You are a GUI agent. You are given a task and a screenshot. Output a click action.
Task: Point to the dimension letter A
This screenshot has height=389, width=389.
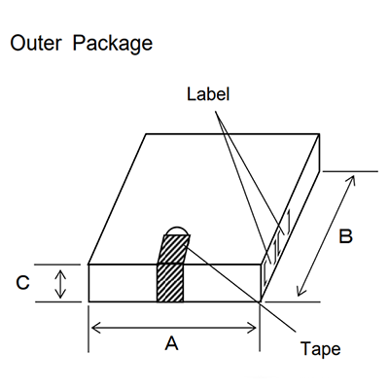pyautogui.click(x=171, y=342)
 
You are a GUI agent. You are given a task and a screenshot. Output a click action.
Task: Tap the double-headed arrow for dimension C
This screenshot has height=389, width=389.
pyautogui.click(x=60, y=283)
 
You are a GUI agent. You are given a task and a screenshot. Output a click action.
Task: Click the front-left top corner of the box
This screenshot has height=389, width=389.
pyautogui.click(x=88, y=264)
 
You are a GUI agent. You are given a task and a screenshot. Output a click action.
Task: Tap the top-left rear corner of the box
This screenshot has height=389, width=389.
pyautogui.click(x=146, y=133)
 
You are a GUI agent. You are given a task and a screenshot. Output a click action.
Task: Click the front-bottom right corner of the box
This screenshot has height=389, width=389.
pyautogui.click(x=260, y=302)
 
